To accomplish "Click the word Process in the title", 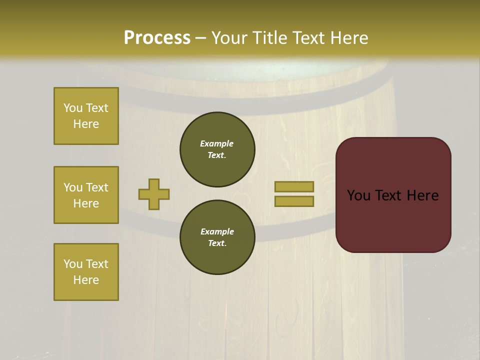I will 157,38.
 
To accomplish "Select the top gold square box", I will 86,116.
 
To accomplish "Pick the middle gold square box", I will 86,195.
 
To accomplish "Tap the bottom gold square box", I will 86,271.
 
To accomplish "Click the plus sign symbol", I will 154,194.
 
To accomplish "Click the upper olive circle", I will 217,149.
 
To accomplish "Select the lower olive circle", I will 217,237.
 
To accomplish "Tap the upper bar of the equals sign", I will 294,186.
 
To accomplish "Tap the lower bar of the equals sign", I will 294,201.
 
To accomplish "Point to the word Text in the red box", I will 389,195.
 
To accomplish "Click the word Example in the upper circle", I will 217,143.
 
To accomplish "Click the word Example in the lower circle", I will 217,231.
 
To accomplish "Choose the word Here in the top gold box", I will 86,124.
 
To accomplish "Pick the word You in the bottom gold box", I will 72,264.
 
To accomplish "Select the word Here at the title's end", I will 348,38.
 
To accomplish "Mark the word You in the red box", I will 358,195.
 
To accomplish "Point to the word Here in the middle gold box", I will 86,203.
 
